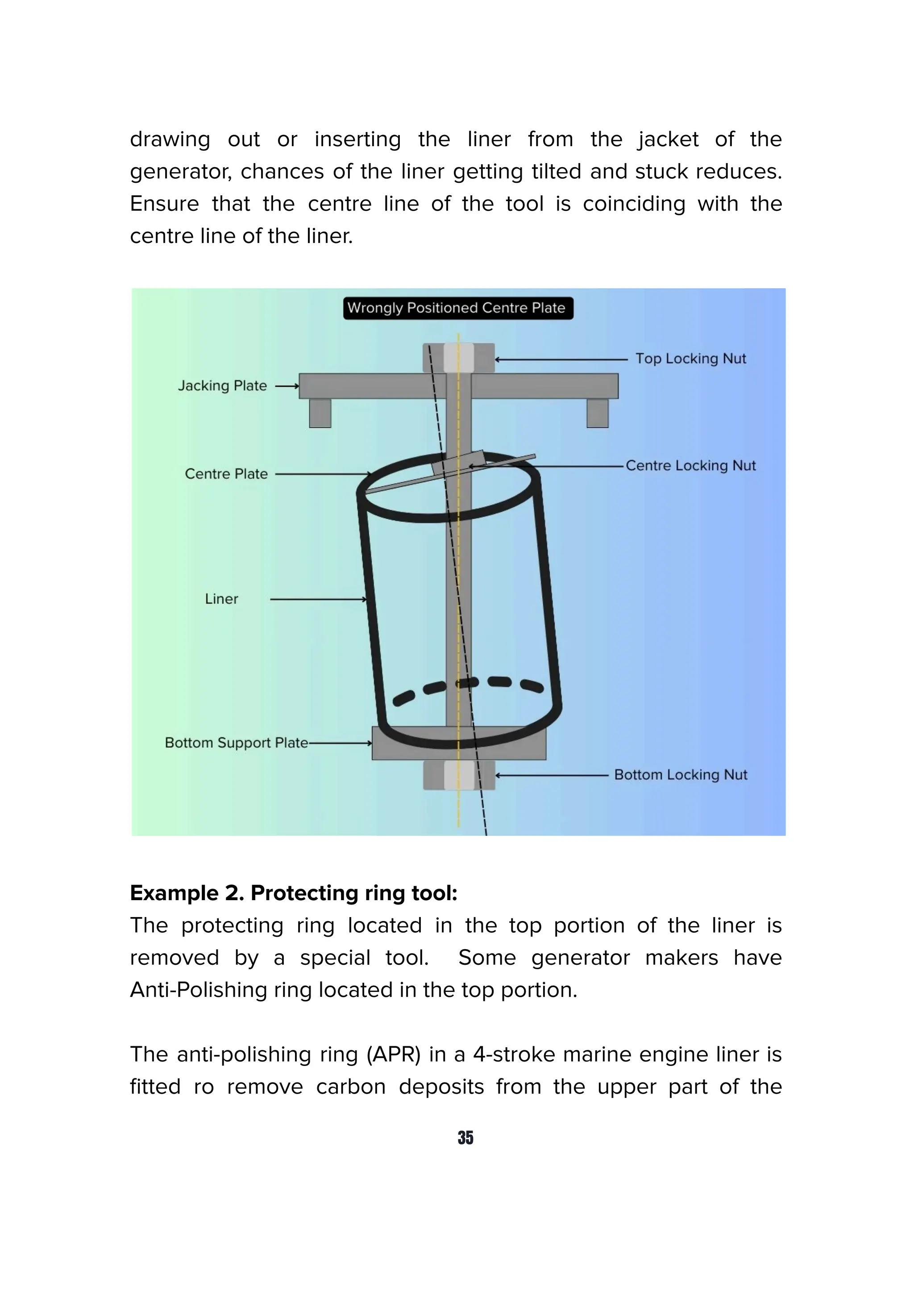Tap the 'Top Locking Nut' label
click(x=690, y=358)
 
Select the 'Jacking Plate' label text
click(x=222, y=386)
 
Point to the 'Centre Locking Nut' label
click(x=690, y=465)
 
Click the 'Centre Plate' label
click(x=226, y=474)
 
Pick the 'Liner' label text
click(x=221, y=599)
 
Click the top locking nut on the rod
click(x=458, y=358)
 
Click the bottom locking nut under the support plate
click(x=458, y=775)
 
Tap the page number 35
click(x=465, y=1137)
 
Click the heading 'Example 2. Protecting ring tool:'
click(x=293, y=893)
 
